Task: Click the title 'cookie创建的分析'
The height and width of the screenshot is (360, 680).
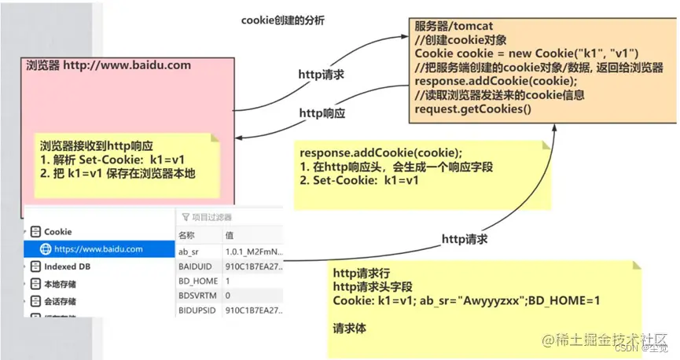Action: click(x=282, y=21)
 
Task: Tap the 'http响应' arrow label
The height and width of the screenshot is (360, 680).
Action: click(x=322, y=113)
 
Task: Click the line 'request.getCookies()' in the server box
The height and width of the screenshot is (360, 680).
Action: click(x=473, y=109)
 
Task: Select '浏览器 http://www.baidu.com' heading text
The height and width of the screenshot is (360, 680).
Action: click(x=108, y=65)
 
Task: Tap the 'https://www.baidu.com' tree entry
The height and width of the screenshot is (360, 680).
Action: click(x=98, y=249)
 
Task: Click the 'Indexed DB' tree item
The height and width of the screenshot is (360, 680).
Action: click(x=65, y=267)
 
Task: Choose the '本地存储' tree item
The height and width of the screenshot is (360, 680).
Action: click(x=60, y=285)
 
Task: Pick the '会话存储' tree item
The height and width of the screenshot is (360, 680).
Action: click(x=60, y=302)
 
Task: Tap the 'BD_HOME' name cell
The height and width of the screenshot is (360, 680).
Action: click(x=194, y=281)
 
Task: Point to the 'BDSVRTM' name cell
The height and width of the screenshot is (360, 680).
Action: click(x=197, y=296)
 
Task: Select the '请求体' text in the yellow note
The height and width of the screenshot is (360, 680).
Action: click(x=351, y=329)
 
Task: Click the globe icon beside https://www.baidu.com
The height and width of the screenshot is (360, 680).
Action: click(x=45, y=249)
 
